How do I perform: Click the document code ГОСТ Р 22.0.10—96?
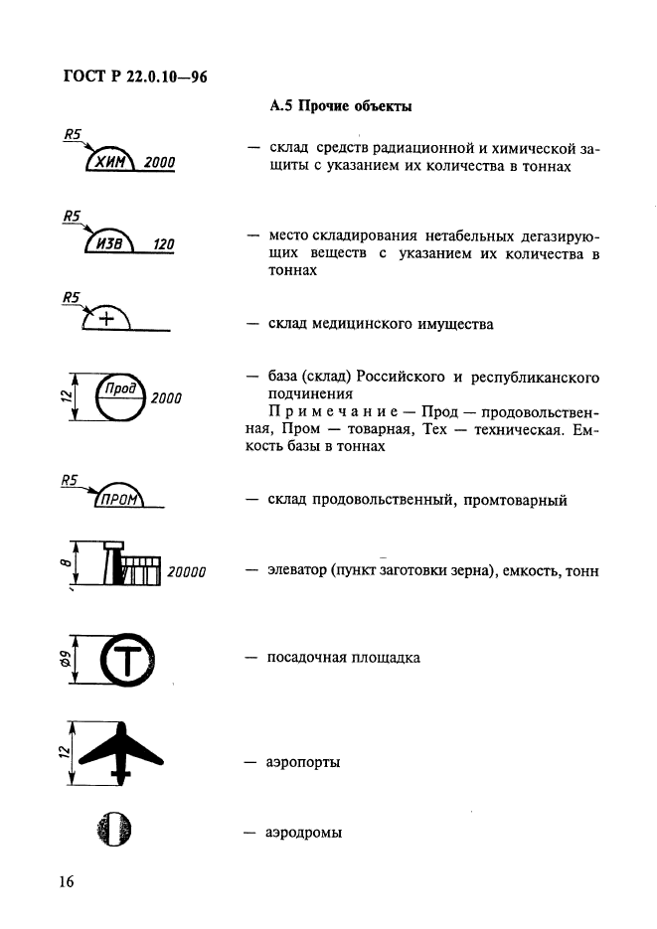point(135,77)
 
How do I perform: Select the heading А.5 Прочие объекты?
point(341,106)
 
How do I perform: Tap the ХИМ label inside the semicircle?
point(110,161)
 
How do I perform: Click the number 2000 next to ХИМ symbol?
point(159,162)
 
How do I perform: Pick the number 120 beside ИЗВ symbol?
point(164,244)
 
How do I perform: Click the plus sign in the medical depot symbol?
point(106,319)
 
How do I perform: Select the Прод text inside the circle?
point(121,388)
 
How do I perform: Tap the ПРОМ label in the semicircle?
point(119,500)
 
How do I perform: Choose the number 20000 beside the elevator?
point(187,571)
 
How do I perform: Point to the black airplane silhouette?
point(121,753)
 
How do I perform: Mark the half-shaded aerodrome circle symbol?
point(114,830)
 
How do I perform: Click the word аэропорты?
point(303,762)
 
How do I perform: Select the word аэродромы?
point(303,833)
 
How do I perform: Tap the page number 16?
point(67,881)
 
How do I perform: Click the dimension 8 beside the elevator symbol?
point(67,562)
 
